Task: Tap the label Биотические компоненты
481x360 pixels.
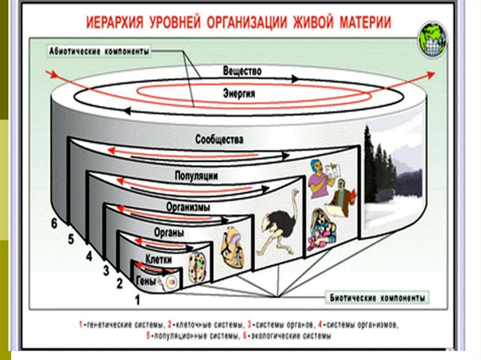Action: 377,298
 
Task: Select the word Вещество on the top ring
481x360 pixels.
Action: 242,71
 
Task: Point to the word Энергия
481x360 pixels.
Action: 239,93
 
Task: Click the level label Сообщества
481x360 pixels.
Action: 220,140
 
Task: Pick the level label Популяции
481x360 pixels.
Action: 196,176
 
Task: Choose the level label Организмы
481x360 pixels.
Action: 188,207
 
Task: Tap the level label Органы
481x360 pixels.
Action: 169,232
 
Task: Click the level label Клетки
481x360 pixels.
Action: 158,259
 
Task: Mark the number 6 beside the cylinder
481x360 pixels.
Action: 54,224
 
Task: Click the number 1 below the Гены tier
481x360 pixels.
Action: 137,301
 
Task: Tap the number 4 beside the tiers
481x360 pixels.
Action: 88,256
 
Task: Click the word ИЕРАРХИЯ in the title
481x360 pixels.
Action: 116,22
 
